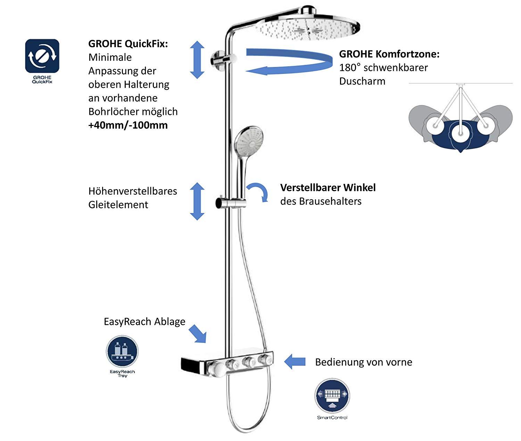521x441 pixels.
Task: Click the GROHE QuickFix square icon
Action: click(42, 56)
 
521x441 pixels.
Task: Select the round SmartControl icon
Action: click(332, 395)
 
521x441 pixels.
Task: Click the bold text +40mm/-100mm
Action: click(128, 125)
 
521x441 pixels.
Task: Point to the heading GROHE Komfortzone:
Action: click(389, 54)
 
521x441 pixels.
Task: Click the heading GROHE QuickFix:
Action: click(128, 44)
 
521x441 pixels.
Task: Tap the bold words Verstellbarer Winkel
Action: click(328, 188)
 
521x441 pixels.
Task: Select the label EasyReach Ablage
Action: click(144, 322)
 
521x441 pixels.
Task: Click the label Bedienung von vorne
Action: click(363, 362)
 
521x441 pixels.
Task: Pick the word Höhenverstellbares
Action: click(133, 191)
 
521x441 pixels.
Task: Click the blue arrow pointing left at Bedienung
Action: click(295, 362)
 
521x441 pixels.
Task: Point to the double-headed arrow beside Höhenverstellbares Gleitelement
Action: click(197, 201)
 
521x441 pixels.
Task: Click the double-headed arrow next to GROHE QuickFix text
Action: click(197, 59)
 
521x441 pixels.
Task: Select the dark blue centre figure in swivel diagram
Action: click(460, 137)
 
